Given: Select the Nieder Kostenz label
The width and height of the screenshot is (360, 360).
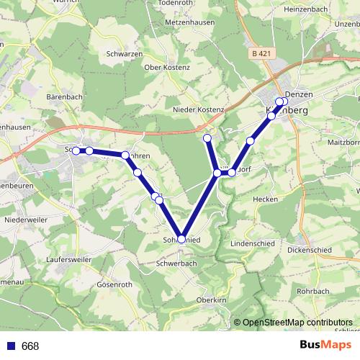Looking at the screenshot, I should coord(199,109).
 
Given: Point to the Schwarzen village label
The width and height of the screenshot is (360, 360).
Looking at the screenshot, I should coord(122,54).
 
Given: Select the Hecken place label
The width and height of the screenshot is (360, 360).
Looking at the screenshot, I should coord(265,198).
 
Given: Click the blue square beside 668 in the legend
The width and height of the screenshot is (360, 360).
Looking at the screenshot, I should coord(10,346).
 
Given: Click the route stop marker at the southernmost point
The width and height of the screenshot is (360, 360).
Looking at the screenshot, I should coord(181,239).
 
